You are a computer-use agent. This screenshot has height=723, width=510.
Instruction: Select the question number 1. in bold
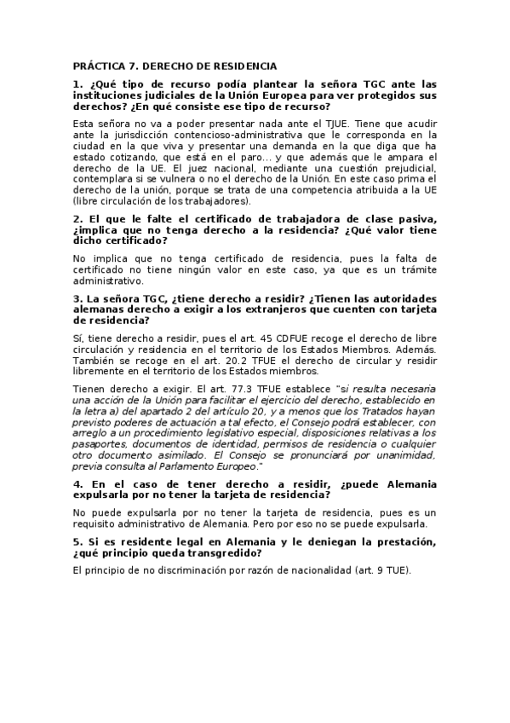pos(77,84)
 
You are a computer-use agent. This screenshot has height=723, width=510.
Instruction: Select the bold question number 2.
pos(77,220)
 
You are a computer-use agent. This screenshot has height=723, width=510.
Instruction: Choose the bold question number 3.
pos(77,298)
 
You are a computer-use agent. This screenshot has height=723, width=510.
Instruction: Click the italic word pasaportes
pos(100,445)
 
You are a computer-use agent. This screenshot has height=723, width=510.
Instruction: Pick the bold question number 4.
pos(77,483)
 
